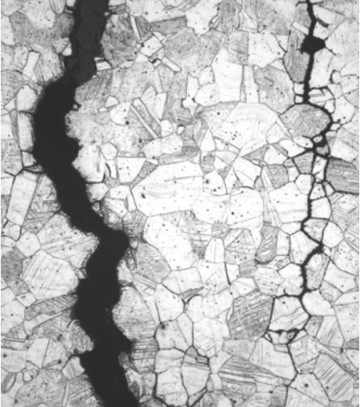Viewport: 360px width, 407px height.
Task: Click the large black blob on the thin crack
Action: tap(312, 45)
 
